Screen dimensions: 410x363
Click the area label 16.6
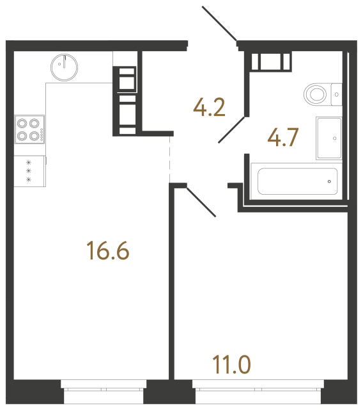click(x=108, y=251)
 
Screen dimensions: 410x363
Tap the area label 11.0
click(x=231, y=366)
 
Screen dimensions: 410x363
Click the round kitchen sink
click(x=64, y=65)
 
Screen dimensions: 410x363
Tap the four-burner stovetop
click(x=29, y=129)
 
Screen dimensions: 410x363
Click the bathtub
click(x=297, y=181)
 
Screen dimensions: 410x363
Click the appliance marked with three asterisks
click(x=29, y=171)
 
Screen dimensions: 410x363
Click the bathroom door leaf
click(x=231, y=129)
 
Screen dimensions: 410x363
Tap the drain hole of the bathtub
click(x=329, y=181)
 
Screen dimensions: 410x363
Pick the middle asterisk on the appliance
click(x=29, y=171)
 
